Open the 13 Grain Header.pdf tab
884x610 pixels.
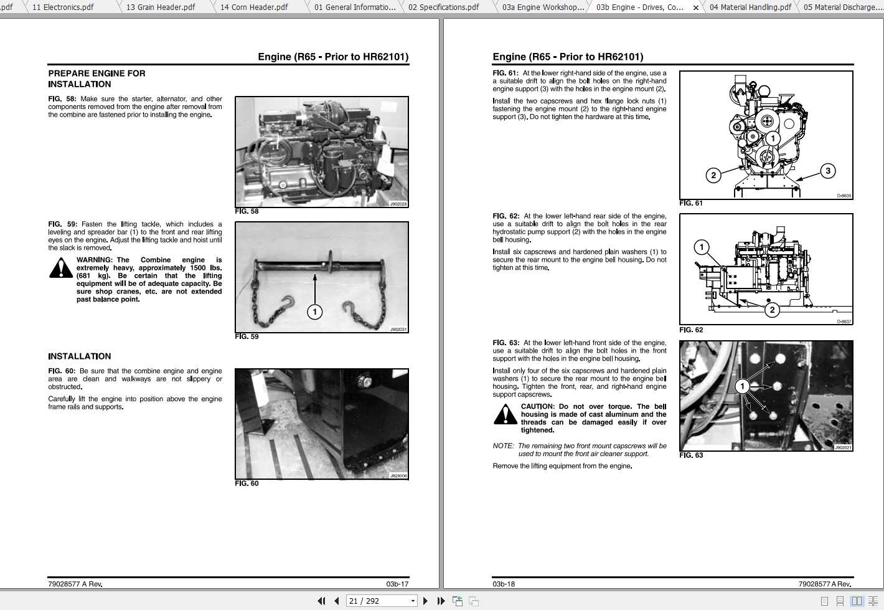pos(161,7)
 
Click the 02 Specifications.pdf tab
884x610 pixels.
pos(443,7)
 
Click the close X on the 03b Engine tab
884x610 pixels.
pos(696,7)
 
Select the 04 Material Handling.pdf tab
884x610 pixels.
pos(750,7)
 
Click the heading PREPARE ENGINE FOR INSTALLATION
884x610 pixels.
pos(96,79)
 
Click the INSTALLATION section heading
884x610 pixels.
pos(80,356)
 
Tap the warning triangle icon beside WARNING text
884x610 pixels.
pos(60,268)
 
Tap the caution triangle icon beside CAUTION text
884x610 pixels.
pos(505,414)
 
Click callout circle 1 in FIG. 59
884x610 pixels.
pos(315,312)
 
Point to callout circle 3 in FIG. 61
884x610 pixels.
pos(827,171)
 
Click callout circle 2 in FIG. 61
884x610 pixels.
pos(713,175)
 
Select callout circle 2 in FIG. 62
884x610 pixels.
pos(772,310)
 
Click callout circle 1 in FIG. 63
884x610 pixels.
pos(742,386)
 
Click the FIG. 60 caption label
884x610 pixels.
pos(247,484)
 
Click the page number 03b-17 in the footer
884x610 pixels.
pos(397,584)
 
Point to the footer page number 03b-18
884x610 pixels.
pos(504,584)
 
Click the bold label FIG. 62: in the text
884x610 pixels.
pos(505,216)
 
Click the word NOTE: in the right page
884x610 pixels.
pos(503,446)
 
